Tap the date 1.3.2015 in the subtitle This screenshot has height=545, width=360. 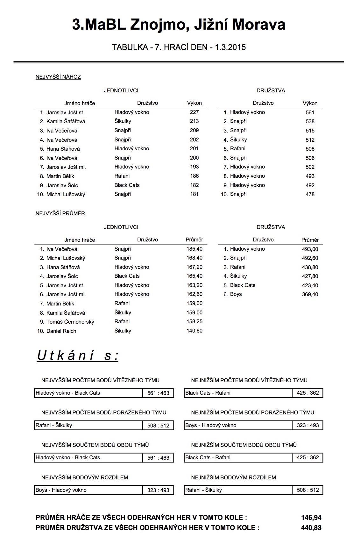coord(230,47)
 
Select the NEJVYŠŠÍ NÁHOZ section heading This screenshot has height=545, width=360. coord(58,77)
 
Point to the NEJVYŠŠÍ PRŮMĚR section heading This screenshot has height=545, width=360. coord(60,213)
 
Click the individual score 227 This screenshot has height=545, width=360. coord(194,112)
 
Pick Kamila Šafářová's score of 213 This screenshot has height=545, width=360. coord(194,121)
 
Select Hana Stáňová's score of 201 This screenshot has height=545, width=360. coord(194,148)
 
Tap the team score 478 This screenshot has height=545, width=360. coord(310,194)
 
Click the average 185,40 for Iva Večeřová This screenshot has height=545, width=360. coord(194,249)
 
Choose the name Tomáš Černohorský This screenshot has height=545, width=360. coord(70,322)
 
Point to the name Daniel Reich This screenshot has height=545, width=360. coord(61,331)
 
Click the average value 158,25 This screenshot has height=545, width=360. coord(194,321)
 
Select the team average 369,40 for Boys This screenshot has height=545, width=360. coord(310,294)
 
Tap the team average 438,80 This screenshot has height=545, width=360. coord(310,267)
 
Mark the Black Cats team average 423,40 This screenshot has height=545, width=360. coord(310,285)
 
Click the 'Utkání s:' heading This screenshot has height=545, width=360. coord(78,355)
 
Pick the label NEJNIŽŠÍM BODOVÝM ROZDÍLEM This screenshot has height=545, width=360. coord(233,477)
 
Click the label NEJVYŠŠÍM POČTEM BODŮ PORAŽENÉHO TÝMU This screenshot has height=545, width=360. coord(104,412)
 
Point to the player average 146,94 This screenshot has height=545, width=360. coord(311,518)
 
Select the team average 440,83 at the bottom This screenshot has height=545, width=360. coord(311,528)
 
